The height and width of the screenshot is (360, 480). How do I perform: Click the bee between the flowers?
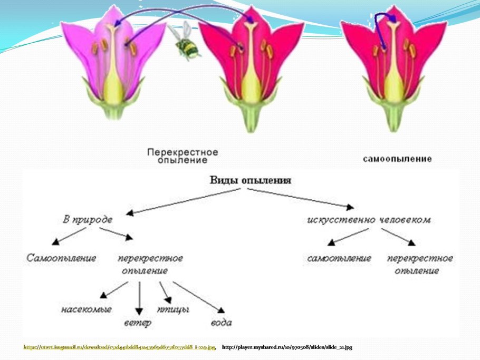click(187, 46)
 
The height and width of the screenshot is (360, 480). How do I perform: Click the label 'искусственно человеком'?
click(369, 219)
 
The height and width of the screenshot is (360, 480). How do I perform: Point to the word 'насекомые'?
click(86, 309)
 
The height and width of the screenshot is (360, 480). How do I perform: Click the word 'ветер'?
click(138, 322)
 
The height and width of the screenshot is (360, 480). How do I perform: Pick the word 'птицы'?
click(174, 308)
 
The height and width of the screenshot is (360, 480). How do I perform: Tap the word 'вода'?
click(221, 322)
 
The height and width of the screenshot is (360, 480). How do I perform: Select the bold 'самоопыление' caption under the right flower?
click(398, 158)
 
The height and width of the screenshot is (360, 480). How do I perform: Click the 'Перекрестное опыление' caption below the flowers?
click(182, 155)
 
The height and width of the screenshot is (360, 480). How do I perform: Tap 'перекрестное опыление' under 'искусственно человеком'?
click(420, 264)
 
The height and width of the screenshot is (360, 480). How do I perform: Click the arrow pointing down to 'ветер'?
click(139, 297)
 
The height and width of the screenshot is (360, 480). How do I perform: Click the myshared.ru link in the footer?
click(287, 347)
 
